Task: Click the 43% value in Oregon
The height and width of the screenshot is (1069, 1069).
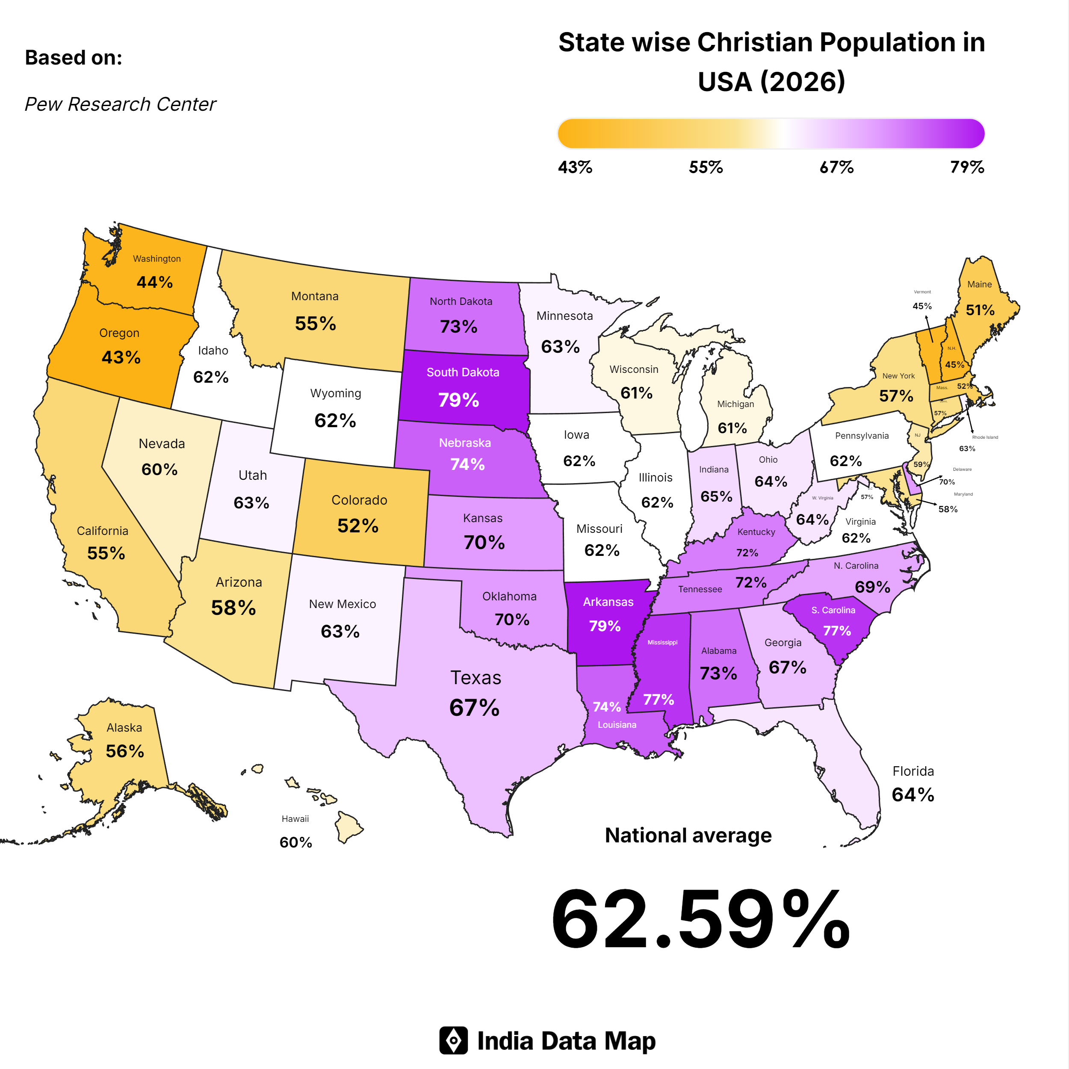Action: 121,357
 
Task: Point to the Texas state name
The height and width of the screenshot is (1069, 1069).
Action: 475,678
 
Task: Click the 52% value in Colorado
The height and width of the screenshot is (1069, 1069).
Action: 358,526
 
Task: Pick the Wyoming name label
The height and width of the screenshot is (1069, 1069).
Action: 335,393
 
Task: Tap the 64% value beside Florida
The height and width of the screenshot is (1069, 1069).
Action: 912,794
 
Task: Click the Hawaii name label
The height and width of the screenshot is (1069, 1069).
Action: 295,819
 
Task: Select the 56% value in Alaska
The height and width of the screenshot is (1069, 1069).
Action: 124,751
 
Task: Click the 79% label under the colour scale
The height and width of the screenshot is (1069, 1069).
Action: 967,167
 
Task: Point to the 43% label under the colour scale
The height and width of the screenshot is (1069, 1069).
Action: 575,167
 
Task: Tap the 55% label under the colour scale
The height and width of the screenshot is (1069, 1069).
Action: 706,167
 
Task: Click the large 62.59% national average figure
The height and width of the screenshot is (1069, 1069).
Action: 700,920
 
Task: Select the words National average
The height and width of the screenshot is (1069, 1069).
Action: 688,835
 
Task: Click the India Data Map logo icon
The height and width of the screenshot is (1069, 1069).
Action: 453,1041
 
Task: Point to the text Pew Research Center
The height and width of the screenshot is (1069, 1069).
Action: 120,104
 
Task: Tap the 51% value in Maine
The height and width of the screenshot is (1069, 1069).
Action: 980,310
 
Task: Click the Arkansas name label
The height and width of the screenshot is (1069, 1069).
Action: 608,602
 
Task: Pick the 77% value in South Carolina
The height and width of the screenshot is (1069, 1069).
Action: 837,631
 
